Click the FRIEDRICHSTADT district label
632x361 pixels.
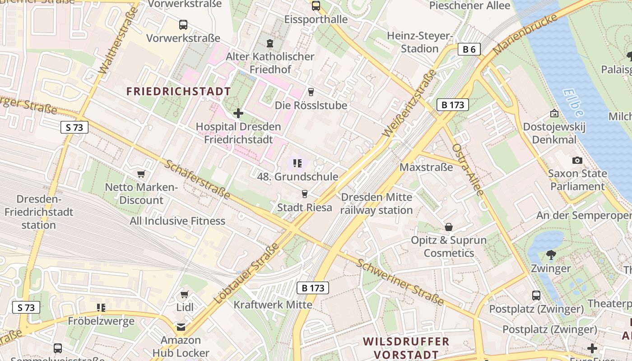178,92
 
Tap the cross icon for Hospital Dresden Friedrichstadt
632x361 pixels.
238,113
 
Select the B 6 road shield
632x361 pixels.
469,49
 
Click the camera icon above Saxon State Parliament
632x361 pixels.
577,160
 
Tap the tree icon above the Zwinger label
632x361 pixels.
551,255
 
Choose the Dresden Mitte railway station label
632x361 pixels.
376,204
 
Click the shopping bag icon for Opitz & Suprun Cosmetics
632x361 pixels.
449,227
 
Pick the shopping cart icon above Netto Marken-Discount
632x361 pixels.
141,174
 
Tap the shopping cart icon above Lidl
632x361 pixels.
184,295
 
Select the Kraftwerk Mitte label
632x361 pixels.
273,305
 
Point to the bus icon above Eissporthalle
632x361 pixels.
316,6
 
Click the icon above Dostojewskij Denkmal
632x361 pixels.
554,113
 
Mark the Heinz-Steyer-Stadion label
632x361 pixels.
420,42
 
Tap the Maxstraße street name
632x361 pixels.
426,167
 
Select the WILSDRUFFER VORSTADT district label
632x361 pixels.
406,348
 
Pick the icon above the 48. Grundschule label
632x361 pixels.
297,163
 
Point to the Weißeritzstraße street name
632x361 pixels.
410,103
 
